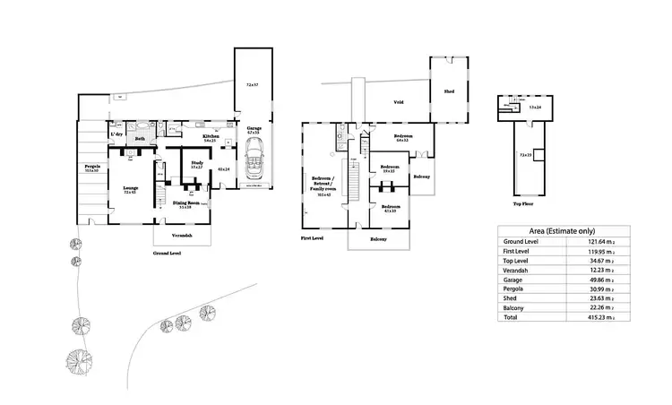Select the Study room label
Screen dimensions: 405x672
tap(196, 162)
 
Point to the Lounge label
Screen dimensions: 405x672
tap(130, 187)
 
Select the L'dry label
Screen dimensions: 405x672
tap(116, 134)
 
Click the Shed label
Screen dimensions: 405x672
tap(450, 90)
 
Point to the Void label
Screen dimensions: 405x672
tap(398, 102)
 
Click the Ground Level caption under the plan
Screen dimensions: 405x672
tap(168, 254)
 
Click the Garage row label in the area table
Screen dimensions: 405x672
tap(515, 279)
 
